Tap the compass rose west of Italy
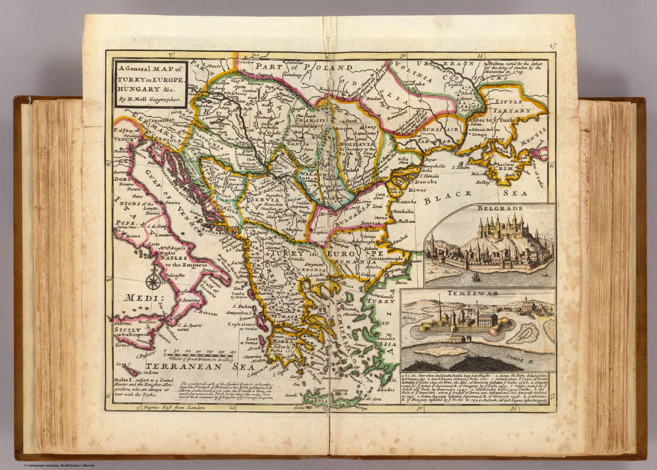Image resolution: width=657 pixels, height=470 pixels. (151, 282)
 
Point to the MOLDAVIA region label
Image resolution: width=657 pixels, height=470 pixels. (357, 145)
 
